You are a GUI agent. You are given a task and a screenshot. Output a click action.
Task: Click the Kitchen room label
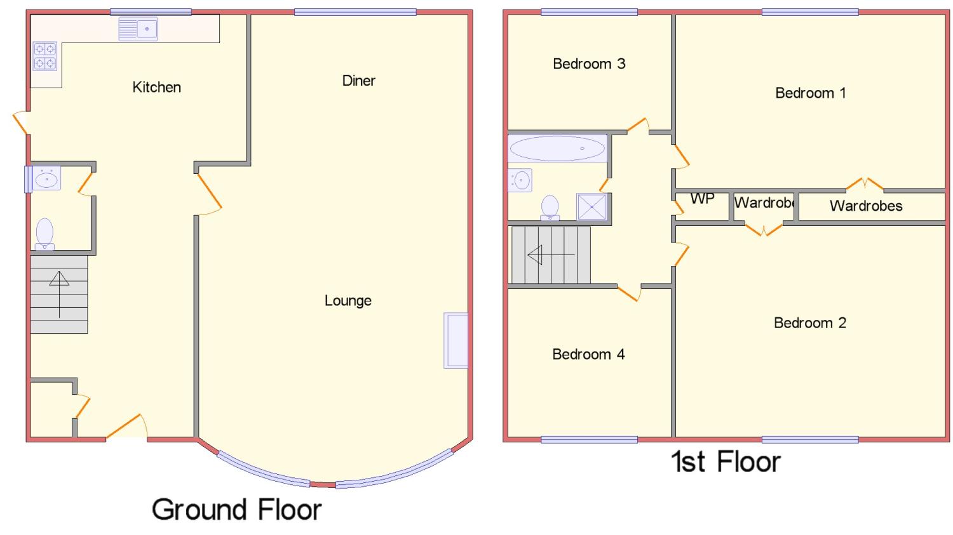click(156, 87)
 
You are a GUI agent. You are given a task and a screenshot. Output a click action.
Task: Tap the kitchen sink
click(138, 29)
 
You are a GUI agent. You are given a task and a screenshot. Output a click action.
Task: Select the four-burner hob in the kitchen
click(45, 56)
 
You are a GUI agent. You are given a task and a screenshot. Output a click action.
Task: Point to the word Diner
click(359, 81)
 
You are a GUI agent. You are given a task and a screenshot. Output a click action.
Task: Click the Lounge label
click(348, 301)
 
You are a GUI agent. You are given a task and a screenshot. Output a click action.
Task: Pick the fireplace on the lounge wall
click(456, 340)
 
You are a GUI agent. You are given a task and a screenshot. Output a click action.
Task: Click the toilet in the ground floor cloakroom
click(44, 234)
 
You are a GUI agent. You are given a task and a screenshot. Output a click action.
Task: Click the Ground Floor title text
click(236, 510)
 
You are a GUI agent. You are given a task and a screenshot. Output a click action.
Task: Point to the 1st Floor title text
click(726, 461)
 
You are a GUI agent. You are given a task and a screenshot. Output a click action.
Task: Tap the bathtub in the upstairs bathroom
click(557, 149)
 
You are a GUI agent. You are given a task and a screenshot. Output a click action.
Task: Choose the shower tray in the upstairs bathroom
click(591, 207)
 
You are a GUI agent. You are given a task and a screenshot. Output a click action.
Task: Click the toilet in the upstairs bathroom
click(550, 208)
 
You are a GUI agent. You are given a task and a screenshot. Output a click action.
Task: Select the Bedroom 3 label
click(589, 63)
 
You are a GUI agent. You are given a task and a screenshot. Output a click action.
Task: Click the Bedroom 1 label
click(811, 93)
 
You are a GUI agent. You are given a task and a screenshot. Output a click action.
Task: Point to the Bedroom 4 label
click(588, 354)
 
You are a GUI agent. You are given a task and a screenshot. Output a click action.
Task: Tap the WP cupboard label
click(703, 199)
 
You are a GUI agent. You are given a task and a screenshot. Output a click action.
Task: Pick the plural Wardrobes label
click(866, 206)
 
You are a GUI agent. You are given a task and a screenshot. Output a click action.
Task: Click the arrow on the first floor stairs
click(551, 255)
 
